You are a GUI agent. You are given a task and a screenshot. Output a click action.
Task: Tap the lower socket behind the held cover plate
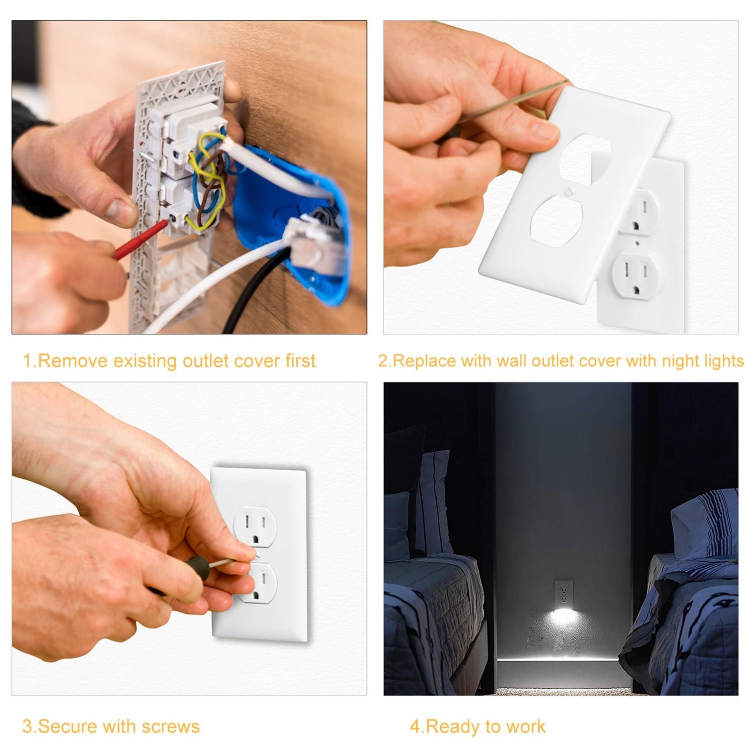click(637, 274)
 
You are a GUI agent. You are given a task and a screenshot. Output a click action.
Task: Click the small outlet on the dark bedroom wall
click(563, 593)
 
